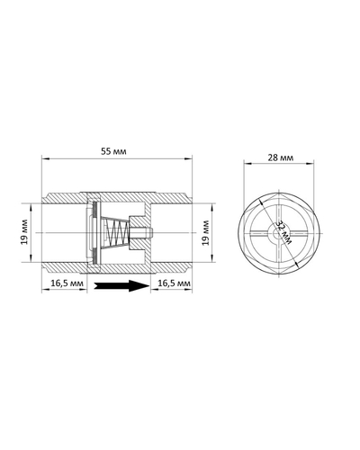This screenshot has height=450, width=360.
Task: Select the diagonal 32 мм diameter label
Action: point(283,233)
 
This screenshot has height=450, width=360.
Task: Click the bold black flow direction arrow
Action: point(118,286)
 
